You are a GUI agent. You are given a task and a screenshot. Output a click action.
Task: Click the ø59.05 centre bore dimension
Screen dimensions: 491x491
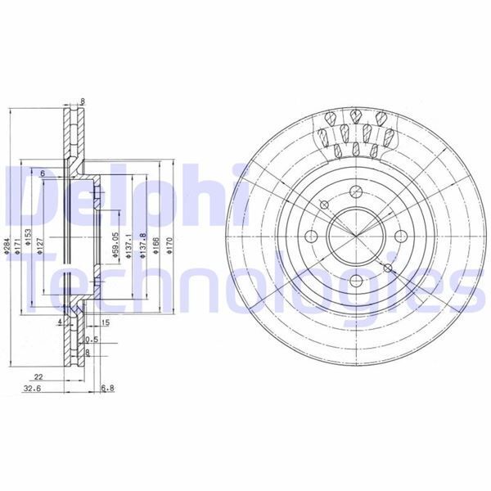tap(117, 245)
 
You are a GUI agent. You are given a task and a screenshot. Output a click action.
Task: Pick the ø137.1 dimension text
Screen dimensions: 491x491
tap(129, 245)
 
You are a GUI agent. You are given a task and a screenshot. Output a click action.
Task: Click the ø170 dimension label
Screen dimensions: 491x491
tap(169, 245)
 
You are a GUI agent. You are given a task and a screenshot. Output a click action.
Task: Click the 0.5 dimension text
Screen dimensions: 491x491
tap(91, 339)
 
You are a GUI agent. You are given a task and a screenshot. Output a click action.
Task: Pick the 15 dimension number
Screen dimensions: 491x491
tap(105, 322)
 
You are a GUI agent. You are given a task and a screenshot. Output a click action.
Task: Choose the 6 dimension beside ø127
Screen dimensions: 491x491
tap(41, 173)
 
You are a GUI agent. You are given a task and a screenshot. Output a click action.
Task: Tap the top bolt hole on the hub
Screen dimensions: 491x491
tap(355, 192)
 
